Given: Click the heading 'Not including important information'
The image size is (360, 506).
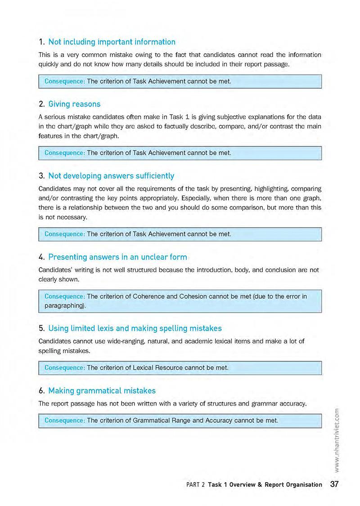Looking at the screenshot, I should click(112, 42).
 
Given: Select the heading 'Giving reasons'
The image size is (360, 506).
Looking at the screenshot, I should click(74, 104).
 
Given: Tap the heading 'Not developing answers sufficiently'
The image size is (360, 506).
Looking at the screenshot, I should click(111, 175).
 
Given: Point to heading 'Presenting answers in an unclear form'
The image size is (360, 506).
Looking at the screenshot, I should click(117, 257).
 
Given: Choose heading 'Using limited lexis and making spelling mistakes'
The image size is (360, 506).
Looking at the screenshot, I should click(135, 328).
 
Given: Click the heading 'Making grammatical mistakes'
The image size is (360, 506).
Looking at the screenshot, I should click(102, 390).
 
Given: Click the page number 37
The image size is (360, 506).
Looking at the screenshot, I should click(334, 484).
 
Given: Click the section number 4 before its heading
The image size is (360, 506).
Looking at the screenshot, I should click(41, 257).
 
